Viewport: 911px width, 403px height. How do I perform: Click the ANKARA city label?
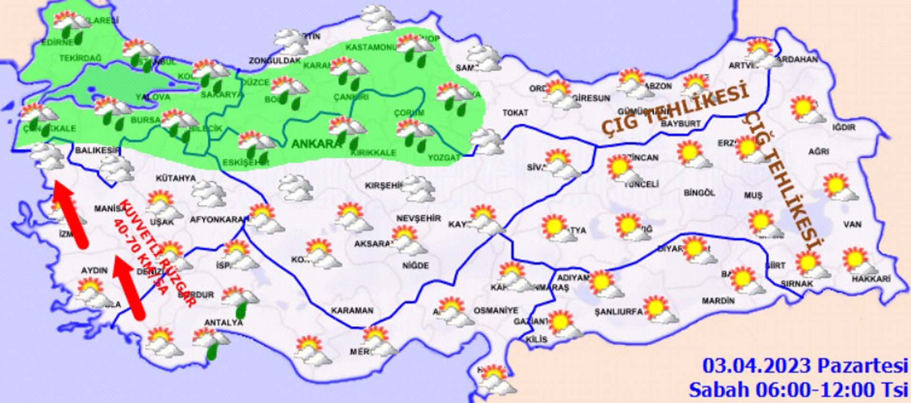coord(316,143)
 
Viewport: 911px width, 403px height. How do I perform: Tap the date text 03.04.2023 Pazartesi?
coord(805,366)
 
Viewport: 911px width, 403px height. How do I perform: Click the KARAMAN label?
coord(352,310)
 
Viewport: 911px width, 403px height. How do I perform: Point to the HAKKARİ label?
coord(871,279)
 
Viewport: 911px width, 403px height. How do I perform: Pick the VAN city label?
coord(852,224)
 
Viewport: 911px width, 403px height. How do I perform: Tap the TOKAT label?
coord(515,113)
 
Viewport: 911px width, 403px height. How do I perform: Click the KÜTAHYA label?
coord(176,178)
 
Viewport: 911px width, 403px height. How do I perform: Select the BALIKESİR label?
coord(98,150)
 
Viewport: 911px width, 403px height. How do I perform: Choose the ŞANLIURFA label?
coord(618,312)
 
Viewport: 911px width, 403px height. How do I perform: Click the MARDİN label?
coord(718,301)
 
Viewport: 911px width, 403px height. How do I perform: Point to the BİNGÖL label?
coord(699,193)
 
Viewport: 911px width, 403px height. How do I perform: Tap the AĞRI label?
coord(818,152)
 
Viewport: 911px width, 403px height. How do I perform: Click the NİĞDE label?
coord(416,266)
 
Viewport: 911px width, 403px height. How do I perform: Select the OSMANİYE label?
coord(496,310)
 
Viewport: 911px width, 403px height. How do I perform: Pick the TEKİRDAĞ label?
coord(80,58)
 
